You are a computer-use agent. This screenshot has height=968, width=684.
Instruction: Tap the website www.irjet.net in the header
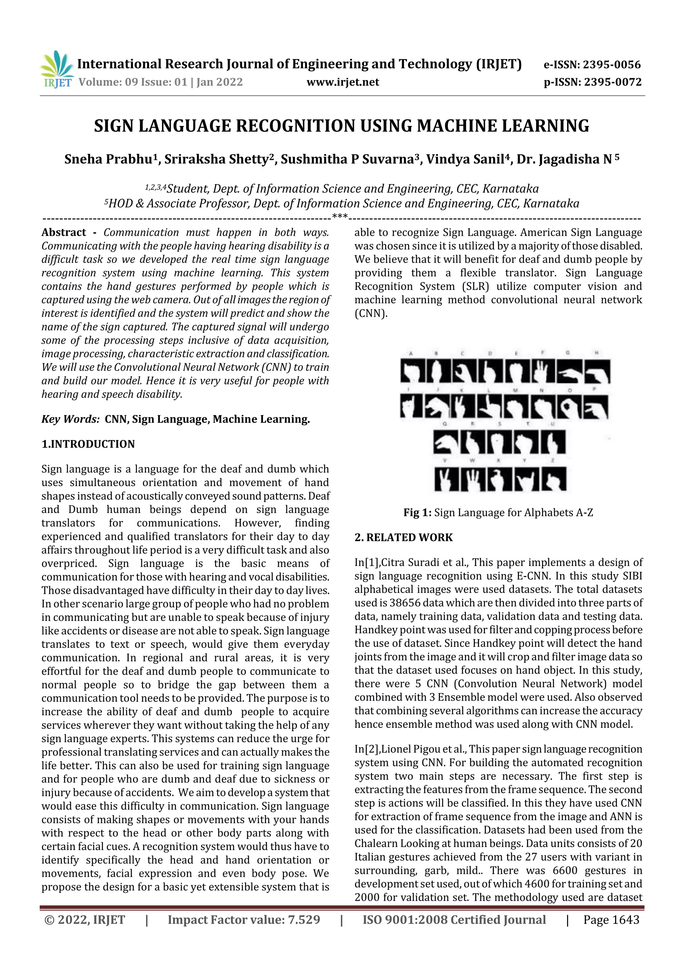[343, 82]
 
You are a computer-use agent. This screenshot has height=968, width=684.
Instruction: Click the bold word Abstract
[64, 232]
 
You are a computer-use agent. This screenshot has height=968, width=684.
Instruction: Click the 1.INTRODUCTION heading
[88, 444]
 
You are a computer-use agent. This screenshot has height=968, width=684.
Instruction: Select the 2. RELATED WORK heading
[403, 538]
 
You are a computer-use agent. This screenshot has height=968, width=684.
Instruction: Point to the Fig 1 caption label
[417, 513]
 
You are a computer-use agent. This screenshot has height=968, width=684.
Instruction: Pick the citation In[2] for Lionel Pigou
[367, 749]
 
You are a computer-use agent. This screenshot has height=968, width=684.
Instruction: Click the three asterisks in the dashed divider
[340, 217]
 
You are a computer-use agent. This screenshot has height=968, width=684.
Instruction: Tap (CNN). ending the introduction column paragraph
[371, 313]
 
